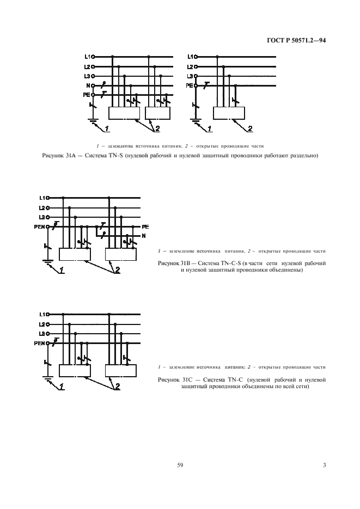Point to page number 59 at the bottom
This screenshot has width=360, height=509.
(180, 465)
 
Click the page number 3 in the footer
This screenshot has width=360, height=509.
(324, 465)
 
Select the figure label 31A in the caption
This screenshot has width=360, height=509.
(73, 156)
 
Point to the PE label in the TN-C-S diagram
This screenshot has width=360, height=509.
(145, 226)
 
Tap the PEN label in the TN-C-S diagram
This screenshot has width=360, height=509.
(39, 226)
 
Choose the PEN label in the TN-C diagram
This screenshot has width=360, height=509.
(39, 342)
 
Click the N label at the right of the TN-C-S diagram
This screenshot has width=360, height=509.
(144, 235)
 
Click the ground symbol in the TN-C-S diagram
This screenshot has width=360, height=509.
(47, 261)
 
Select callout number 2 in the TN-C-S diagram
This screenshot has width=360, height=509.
(117, 271)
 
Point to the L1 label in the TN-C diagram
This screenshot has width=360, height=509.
(42, 314)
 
